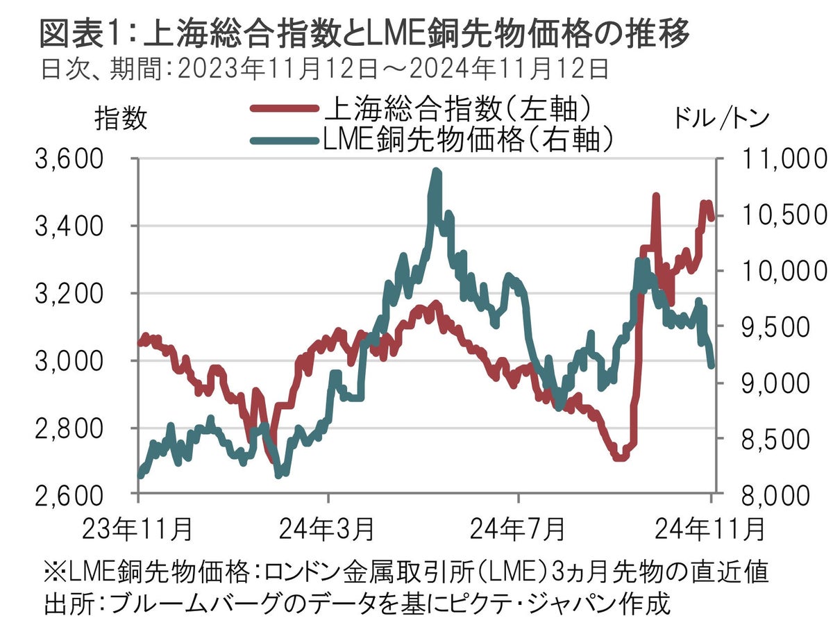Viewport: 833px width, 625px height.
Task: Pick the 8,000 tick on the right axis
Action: (x=770, y=495)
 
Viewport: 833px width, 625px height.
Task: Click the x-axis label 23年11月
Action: (x=139, y=530)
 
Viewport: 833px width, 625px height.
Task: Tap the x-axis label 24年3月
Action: (x=328, y=530)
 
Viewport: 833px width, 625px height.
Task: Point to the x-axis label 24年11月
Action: (x=709, y=530)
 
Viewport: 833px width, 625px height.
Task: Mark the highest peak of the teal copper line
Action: (x=436, y=171)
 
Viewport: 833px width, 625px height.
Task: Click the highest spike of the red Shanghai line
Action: (x=655, y=197)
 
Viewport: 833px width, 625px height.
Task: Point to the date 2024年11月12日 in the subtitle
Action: (x=507, y=68)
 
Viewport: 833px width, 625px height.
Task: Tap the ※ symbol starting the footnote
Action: (x=54, y=573)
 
